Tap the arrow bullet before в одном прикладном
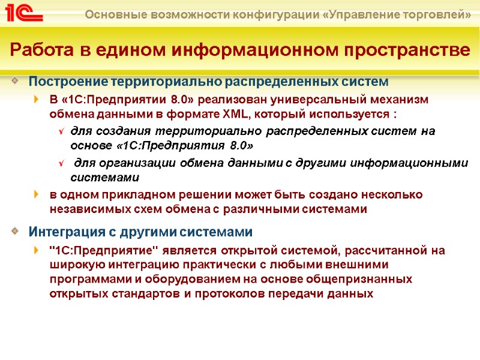click(38, 194)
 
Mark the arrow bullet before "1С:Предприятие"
click(38, 250)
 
